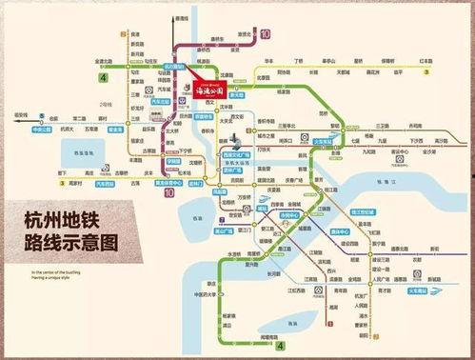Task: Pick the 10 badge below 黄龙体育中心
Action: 169,191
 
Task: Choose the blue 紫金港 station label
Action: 117,127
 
